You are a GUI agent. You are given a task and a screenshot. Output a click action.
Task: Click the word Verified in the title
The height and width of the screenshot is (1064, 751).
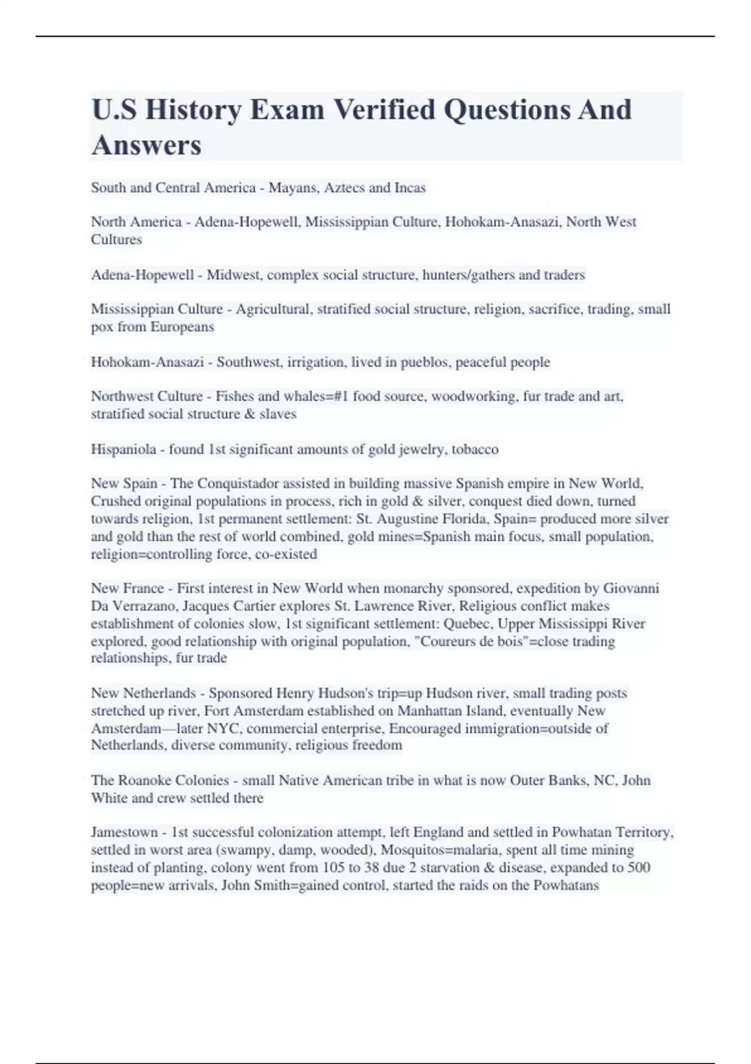(383, 110)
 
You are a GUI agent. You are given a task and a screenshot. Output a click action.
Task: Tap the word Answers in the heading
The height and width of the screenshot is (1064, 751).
(146, 145)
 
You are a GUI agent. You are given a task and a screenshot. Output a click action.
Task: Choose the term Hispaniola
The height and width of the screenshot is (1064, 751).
(123, 449)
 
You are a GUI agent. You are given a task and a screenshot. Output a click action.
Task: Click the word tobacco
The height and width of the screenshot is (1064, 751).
(475, 449)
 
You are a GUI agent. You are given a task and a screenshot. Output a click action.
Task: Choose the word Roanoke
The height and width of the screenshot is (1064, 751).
(145, 780)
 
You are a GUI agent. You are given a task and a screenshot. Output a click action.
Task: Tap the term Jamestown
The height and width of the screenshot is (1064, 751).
(124, 832)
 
